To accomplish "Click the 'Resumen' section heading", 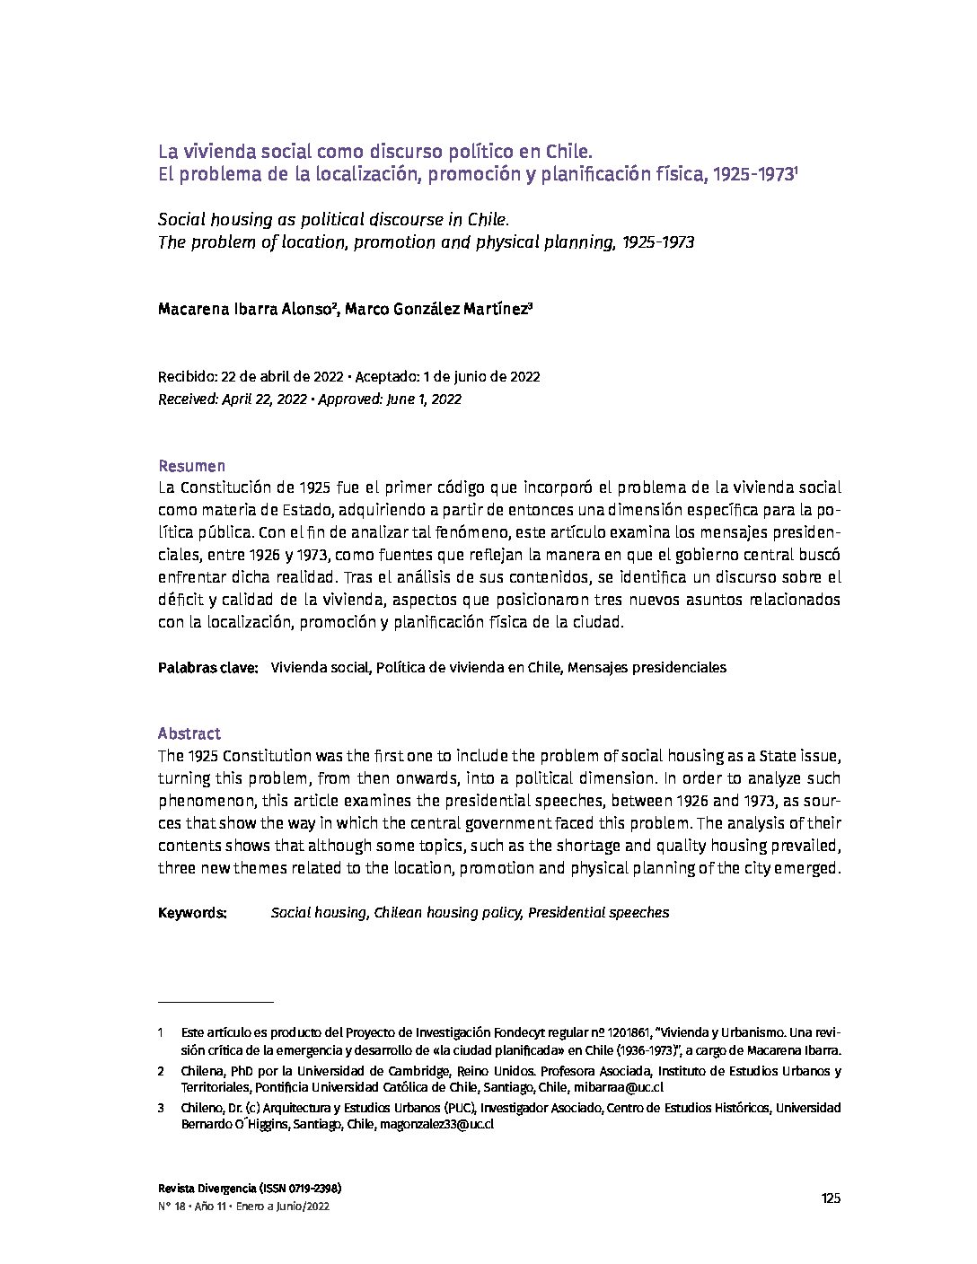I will tap(191, 466).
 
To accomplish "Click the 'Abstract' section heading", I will tap(189, 733).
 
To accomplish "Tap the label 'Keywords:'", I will tap(192, 913).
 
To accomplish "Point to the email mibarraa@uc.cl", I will tap(618, 1087).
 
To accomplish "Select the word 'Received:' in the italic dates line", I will tap(188, 399).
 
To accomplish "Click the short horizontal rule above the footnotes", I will tap(216, 1000).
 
